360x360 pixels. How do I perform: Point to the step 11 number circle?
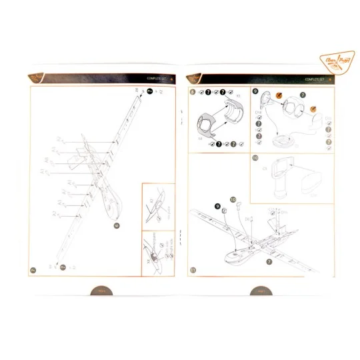(193, 270)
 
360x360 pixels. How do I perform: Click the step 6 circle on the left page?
(117, 226)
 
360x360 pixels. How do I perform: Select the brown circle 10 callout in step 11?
(233, 199)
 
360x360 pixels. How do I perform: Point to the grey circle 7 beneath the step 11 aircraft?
(269, 262)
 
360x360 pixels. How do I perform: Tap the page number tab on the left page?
(101, 291)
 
